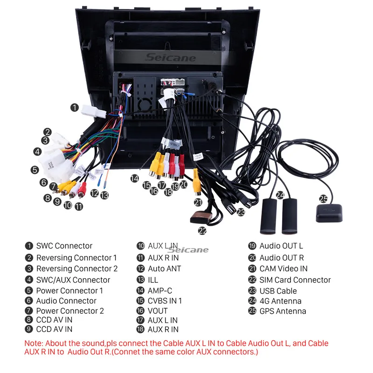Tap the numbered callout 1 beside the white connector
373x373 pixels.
pyautogui.click(x=75, y=108)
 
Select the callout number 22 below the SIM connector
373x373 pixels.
pyautogui.click(x=202, y=230)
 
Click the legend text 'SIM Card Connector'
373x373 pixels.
pyautogui.click(x=295, y=280)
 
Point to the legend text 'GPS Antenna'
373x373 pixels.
pyautogui.click(x=283, y=311)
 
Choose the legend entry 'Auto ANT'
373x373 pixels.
pyautogui.click(x=164, y=269)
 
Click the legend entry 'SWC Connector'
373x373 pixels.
pyautogui.click(x=64, y=246)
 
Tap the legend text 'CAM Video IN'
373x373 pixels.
pyautogui.click(x=283, y=269)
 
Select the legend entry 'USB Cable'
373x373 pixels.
pyautogui.click(x=278, y=290)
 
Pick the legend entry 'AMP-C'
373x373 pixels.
pyautogui.click(x=160, y=290)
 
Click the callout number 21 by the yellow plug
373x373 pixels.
pyautogui.click(x=199, y=202)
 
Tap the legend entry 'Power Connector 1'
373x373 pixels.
pyautogui.click(x=69, y=290)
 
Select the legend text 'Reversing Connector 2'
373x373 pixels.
pyautogui.click(x=77, y=269)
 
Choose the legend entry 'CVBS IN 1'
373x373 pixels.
pyautogui.click(x=165, y=301)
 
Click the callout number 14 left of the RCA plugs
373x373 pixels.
pyautogui.click(x=135, y=178)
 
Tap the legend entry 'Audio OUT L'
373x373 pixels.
pyautogui.click(x=281, y=246)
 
